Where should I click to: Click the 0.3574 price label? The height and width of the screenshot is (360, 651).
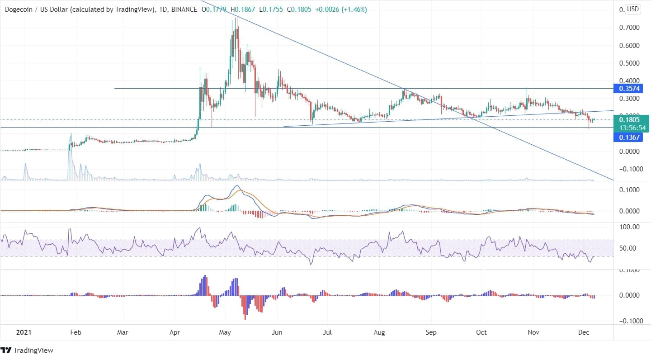pyautogui.click(x=627, y=88)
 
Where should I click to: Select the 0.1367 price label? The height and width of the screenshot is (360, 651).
pyautogui.click(x=627, y=137)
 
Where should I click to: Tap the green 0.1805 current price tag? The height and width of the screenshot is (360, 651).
pyautogui.click(x=627, y=120)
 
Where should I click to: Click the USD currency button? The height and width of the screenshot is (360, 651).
pyautogui.click(x=632, y=9)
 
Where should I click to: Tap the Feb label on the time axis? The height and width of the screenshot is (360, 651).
pyautogui.click(x=76, y=332)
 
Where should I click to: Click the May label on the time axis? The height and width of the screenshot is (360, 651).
pyautogui.click(x=225, y=332)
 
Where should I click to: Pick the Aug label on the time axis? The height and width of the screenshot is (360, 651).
pyautogui.click(x=380, y=332)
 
